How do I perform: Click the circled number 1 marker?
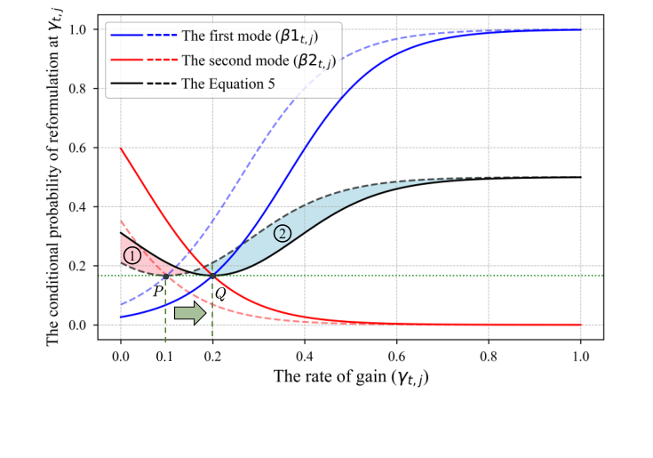coord(132,255)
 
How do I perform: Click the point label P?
coord(156,290)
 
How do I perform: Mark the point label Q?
coord(219,291)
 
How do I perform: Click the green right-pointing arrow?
coord(189,313)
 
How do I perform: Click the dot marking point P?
coord(166,277)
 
